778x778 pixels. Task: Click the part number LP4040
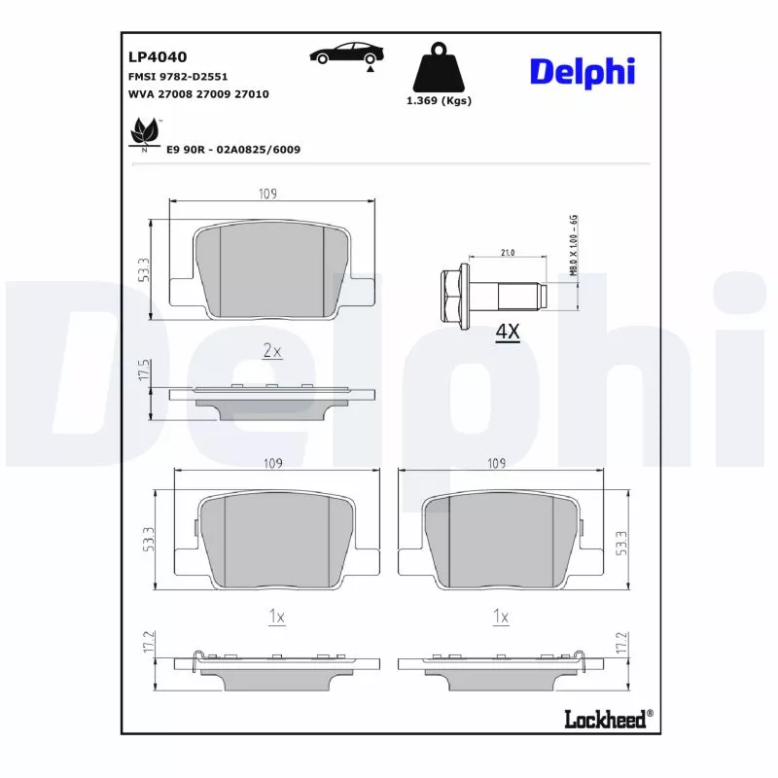[x=151, y=57]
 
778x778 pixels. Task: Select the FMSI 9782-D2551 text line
[x=178, y=76]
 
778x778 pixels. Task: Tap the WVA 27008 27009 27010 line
[x=198, y=94]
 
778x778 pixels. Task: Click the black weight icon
[x=438, y=66]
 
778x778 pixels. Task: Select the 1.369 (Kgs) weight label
[x=438, y=101]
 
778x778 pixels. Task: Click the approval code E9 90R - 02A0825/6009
[x=232, y=149]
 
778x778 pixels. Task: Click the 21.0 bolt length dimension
[x=507, y=253]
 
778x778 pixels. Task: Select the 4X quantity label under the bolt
[x=508, y=333]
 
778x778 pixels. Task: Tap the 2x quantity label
[x=272, y=351]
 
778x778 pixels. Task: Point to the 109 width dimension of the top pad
[x=268, y=194]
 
